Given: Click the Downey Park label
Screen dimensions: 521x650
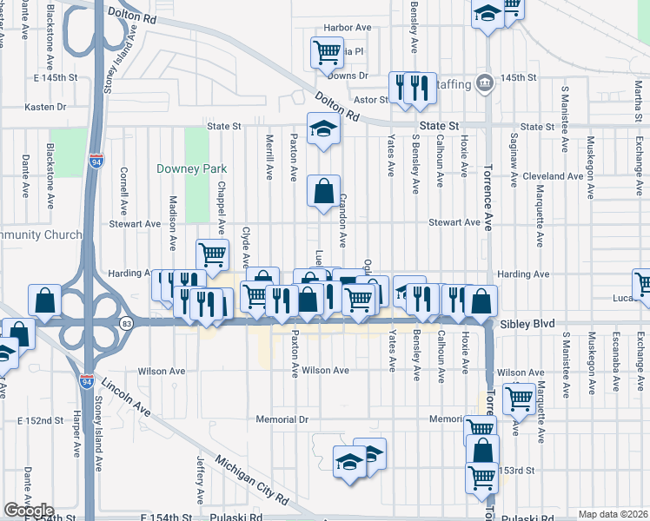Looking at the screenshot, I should point(183,168).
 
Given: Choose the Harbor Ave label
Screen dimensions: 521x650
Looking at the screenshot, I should point(347,28).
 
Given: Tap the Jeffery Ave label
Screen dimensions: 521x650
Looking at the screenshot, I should point(200,479).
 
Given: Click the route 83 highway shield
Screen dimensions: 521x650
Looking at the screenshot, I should point(127,324).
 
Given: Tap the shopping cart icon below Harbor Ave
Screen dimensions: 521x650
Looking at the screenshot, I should point(327,51).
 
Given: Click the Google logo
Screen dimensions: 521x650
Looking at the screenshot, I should point(29,511).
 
